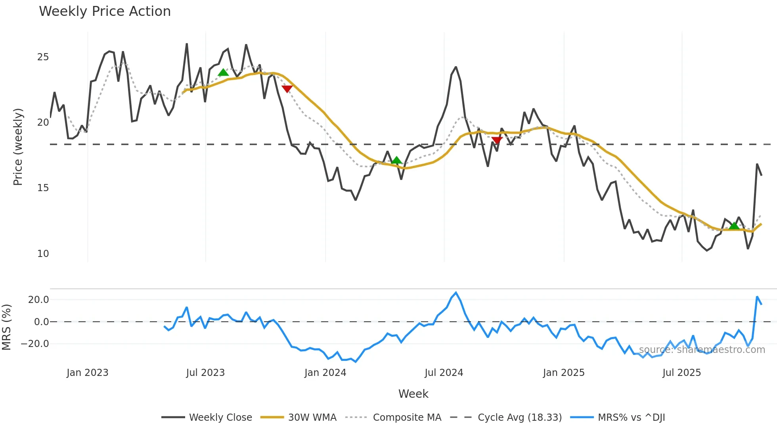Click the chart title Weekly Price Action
point(105,11)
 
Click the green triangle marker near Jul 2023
point(223,73)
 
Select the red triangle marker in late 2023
point(287,88)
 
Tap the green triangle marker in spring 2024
point(396,160)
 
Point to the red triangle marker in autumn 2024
point(497,140)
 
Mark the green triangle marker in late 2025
point(734,226)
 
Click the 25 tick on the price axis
point(43,57)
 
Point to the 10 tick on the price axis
point(43,254)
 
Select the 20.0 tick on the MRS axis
point(38,300)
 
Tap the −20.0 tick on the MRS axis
point(35,344)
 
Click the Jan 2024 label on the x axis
point(325,373)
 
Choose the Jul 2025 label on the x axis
point(681,373)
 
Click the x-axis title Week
point(413,394)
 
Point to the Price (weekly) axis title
point(18,147)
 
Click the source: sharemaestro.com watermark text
point(702,350)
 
